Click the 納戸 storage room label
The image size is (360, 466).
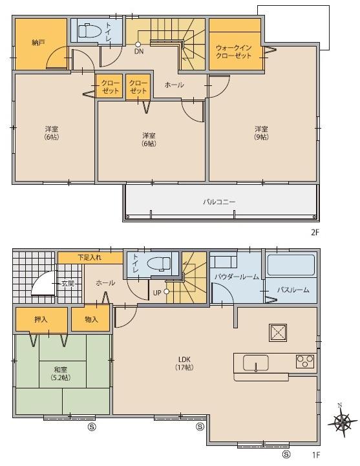coord(37,42)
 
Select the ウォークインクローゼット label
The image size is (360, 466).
coord(235,50)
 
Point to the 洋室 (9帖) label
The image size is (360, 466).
coord(261,132)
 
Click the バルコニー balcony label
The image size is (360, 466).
coord(220,202)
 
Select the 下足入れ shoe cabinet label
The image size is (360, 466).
coord(90,257)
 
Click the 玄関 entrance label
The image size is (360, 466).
coord(67,283)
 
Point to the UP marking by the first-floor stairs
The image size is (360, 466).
coord(156,292)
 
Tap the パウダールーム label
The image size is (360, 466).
coord(237,277)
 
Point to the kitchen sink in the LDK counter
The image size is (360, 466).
coord(257,363)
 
